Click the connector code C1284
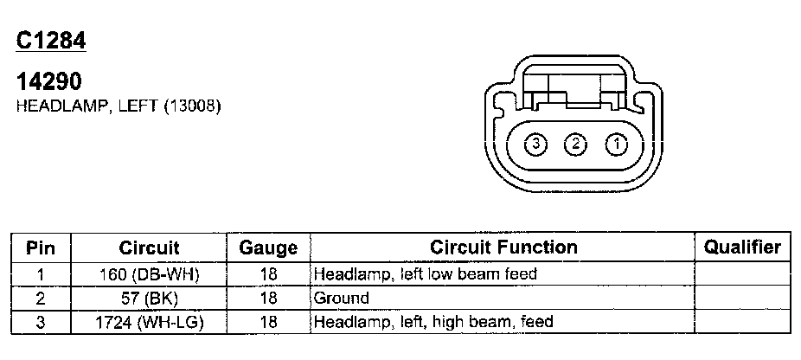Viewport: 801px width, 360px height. (x=51, y=41)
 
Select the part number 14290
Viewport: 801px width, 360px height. (x=49, y=81)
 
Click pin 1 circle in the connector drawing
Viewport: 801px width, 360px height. (x=615, y=144)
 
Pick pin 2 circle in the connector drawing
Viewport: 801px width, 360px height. (x=575, y=144)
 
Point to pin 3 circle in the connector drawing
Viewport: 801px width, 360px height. (x=536, y=144)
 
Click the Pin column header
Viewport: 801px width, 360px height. (x=41, y=247)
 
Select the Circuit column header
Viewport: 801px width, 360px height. (x=149, y=247)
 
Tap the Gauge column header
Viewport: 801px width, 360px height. (x=268, y=247)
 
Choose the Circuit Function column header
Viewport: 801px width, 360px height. (x=503, y=247)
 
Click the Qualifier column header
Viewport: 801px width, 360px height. (x=742, y=247)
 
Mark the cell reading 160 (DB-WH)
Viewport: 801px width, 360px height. (x=149, y=274)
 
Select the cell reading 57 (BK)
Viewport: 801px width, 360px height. (x=149, y=299)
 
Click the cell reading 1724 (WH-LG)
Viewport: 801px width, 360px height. (x=149, y=322)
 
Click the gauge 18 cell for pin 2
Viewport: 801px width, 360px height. (x=268, y=299)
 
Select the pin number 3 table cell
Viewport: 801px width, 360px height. (x=41, y=322)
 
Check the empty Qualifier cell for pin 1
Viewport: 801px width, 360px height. (x=742, y=274)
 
